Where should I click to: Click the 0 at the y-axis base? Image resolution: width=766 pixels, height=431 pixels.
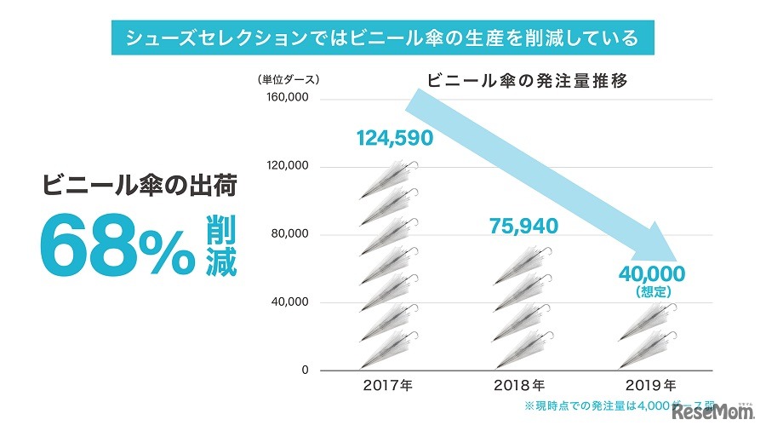[x=304, y=371]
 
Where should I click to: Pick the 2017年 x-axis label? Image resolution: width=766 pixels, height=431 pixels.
[x=387, y=385]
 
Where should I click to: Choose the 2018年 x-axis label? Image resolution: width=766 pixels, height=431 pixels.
[x=519, y=385]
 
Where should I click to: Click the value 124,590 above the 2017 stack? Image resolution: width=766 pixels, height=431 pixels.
[x=394, y=137]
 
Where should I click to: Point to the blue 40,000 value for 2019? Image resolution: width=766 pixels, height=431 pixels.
[x=653, y=274]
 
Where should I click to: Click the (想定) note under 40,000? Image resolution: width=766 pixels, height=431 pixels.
[x=653, y=292]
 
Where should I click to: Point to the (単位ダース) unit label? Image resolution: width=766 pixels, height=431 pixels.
[x=289, y=80]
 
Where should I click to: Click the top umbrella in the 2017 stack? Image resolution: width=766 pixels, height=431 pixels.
[x=390, y=171]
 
